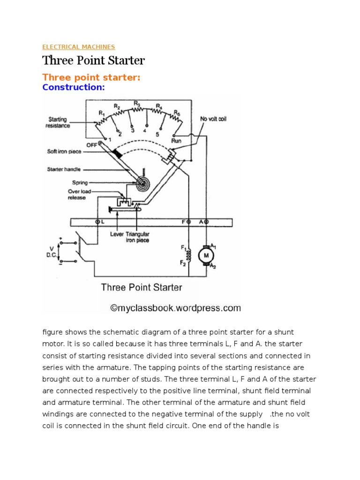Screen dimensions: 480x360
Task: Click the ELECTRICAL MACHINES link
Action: tap(78, 47)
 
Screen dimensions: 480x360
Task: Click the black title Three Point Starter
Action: tap(93, 60)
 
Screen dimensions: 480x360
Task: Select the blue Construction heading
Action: tap(73, 87)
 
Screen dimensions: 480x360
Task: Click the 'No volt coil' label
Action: tap(213, 119)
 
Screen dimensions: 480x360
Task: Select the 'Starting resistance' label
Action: tap(58, 123)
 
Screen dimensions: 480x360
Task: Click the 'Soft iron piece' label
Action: tap(64, 151)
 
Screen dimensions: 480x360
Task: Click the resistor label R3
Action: tap(136, 103)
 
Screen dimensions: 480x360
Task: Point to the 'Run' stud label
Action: tap(177, 141)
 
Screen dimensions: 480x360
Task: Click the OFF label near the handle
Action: tap(91, 145)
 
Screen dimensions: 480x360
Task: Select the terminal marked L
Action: tap(98, 221)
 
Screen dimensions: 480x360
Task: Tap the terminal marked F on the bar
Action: tap(188, 221)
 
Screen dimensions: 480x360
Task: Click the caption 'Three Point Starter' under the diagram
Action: tap(142, 287)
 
